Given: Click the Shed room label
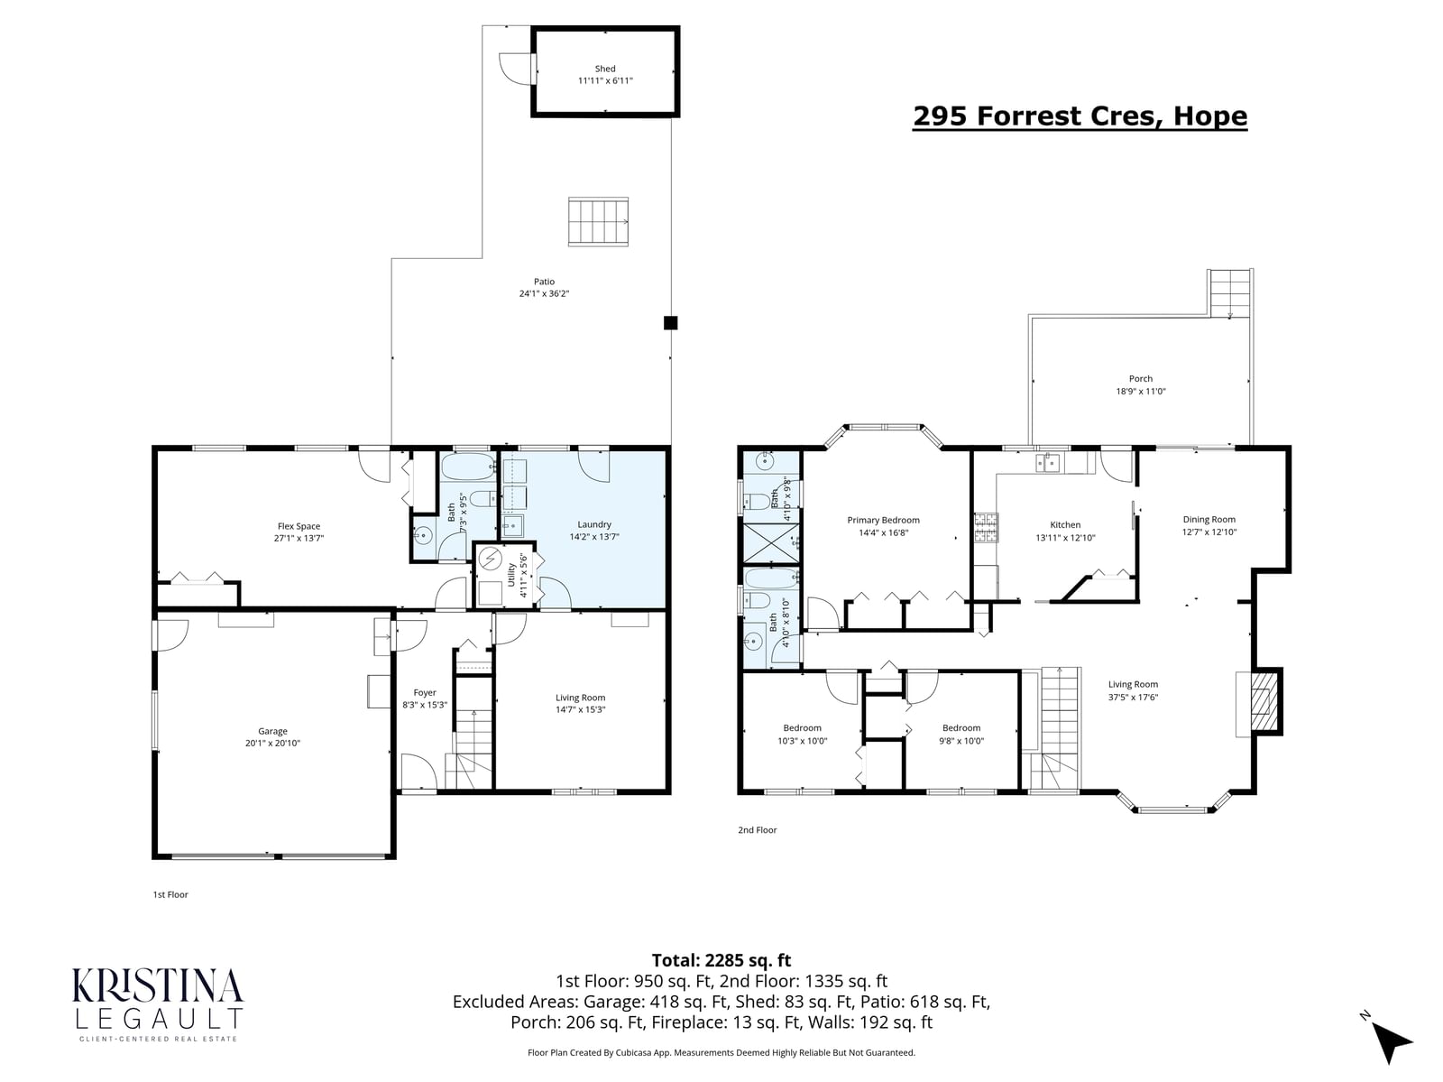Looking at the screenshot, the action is [605, 69].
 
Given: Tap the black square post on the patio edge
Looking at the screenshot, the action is [670, 322].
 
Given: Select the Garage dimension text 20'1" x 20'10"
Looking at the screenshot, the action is [272, 743].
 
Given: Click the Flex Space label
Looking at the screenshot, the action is [299, 526].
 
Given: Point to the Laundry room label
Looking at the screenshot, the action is [594, 524].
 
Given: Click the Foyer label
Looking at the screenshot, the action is [425, 692].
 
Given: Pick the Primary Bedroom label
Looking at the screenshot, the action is [883, 520].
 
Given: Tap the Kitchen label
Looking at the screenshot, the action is [1065, 524].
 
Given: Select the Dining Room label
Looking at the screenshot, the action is [1209, 519].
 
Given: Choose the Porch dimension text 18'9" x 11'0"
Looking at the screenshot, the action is [1141, 391].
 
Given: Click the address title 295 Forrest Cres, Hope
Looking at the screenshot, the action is [1080, 116].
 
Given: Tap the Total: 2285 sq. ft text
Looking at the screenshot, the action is [721, 960].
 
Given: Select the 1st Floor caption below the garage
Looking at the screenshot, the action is [170, 894].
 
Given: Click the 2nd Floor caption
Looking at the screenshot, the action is [758, 830].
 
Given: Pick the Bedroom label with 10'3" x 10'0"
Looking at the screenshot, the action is [802, 727].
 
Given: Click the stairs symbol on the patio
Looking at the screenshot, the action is [598, 222].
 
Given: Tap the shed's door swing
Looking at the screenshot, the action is [517, 69].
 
